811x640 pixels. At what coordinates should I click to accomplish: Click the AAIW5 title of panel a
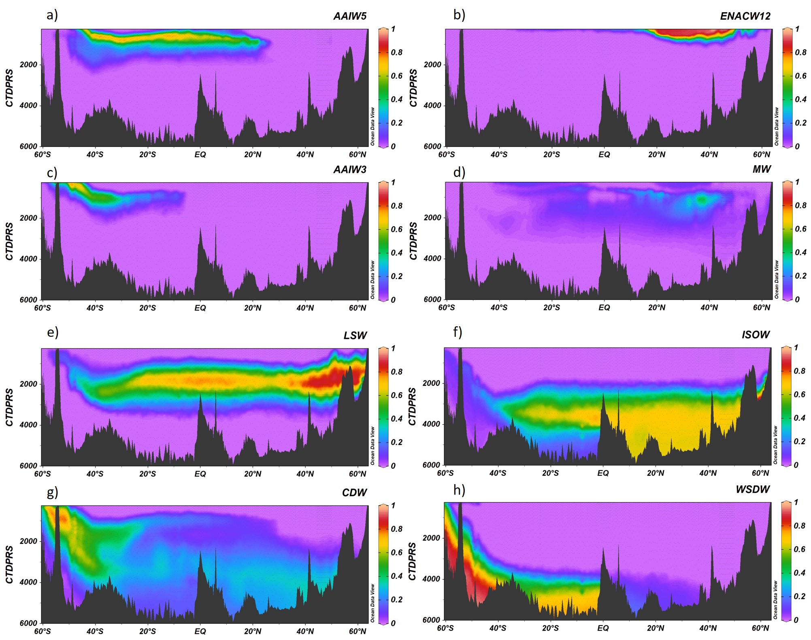[x=349, y=16]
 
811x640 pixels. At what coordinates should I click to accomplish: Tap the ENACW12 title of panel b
[x=745, y=16]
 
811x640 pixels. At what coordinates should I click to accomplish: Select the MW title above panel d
[x=761, y=169]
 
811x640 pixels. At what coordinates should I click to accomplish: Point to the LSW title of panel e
[x=355, y=336]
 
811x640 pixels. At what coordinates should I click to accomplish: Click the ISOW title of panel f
[x=755, y=335]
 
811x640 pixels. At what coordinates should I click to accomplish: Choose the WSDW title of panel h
[x=752, y=489]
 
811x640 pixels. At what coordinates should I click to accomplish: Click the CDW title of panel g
[x=354, y=493]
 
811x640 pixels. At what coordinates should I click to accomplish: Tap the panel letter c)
[x=52, y=173]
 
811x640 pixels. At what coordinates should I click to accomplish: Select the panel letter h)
[x=459, y=490]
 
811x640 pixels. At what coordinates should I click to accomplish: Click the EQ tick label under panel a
[x=200, y=155]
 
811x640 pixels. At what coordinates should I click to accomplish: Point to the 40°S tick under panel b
[x=499, y=155]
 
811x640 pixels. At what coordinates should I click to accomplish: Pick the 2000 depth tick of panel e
[x=28, y=384]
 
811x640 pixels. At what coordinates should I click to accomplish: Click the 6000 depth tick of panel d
[x=432, y=300]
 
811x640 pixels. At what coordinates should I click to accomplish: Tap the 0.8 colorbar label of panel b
[x=800, y=52]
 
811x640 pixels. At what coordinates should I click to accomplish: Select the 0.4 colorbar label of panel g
[x=396, y=576]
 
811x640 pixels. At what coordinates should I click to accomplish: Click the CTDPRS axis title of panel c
[x=9, y=241]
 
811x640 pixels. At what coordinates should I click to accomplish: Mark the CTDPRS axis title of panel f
[x=412, y=406]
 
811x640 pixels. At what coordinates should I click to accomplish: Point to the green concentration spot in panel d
[x=701, y=199]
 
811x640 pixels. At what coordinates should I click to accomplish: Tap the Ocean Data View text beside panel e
[x=373, y=445]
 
